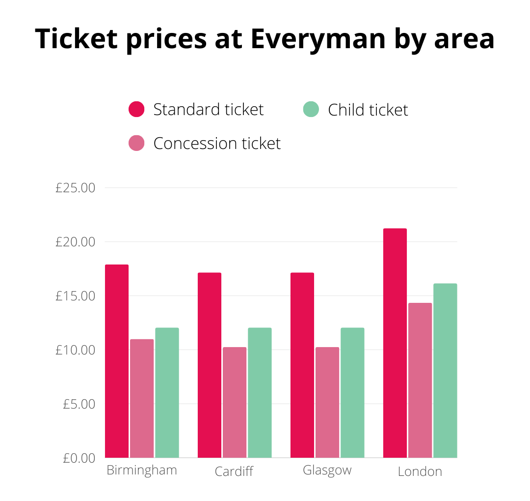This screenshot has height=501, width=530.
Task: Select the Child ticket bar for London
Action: [445, 371]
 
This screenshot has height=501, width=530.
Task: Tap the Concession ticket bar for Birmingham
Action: [142, 398]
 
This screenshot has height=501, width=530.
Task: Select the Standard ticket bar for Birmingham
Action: [117, 361]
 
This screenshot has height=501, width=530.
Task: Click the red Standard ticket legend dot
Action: [136, 109]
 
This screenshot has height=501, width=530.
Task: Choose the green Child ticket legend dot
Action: [311, 109]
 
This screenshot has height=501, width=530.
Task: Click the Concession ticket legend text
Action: [217, 144]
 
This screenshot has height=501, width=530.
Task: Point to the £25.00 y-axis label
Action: [75, 188]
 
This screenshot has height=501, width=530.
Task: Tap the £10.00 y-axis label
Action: [75, 350]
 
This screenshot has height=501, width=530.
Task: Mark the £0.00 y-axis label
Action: [79, 458]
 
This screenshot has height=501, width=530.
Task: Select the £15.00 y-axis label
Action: [75, 296]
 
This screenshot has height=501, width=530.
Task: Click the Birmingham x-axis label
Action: [142, 471]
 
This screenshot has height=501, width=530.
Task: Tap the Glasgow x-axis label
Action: [327, 471]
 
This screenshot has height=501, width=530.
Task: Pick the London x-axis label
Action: [420, 472]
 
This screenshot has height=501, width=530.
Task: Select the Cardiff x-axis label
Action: [234, 472]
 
